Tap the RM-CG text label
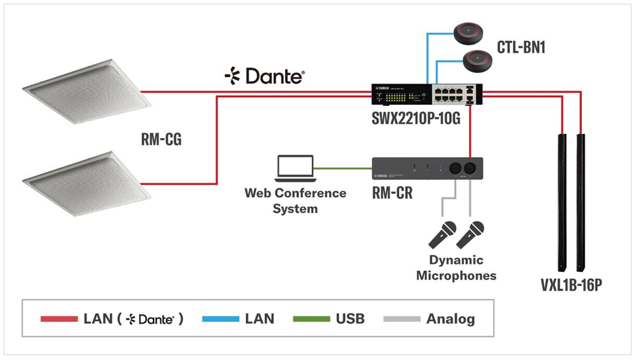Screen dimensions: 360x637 pos(162,141)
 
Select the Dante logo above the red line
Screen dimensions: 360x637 pos(265,76)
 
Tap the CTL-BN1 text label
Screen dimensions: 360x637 pos(521,47)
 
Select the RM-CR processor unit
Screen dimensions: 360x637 pos(427,169)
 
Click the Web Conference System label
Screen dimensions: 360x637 pos(295,201)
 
